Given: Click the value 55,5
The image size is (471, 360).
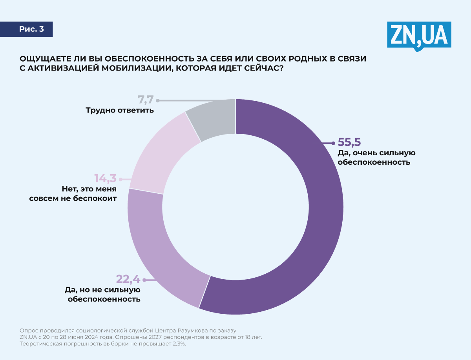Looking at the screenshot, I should coord(349,142).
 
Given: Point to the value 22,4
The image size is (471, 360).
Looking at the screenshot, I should coord(128,279).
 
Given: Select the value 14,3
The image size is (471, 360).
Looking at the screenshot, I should coord(105,178).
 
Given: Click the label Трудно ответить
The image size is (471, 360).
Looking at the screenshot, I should coord(119,111).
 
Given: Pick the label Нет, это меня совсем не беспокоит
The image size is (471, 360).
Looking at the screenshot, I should coord(73,194).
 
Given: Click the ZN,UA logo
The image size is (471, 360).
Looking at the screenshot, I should coord(419,35).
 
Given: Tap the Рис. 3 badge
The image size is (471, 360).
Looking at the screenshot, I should coord(31,29).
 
